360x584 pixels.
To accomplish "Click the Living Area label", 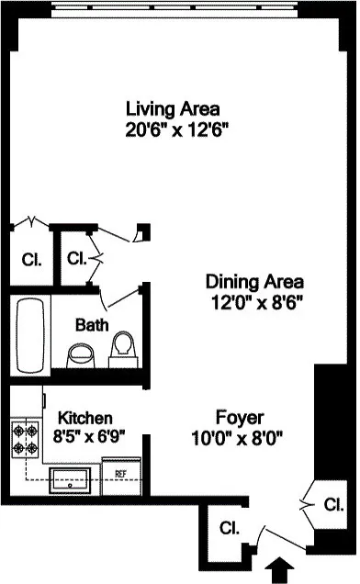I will (176, 109).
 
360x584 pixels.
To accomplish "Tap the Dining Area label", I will (254, 281).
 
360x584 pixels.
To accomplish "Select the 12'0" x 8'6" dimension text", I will (254, 299).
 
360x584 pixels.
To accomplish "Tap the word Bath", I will (92, 324).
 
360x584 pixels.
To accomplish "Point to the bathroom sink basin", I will (81, 354).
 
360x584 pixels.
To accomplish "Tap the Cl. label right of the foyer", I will (332, 504).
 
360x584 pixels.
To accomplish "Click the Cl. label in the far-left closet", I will (30, 259).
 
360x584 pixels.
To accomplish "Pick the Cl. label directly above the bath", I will (77, 258).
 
